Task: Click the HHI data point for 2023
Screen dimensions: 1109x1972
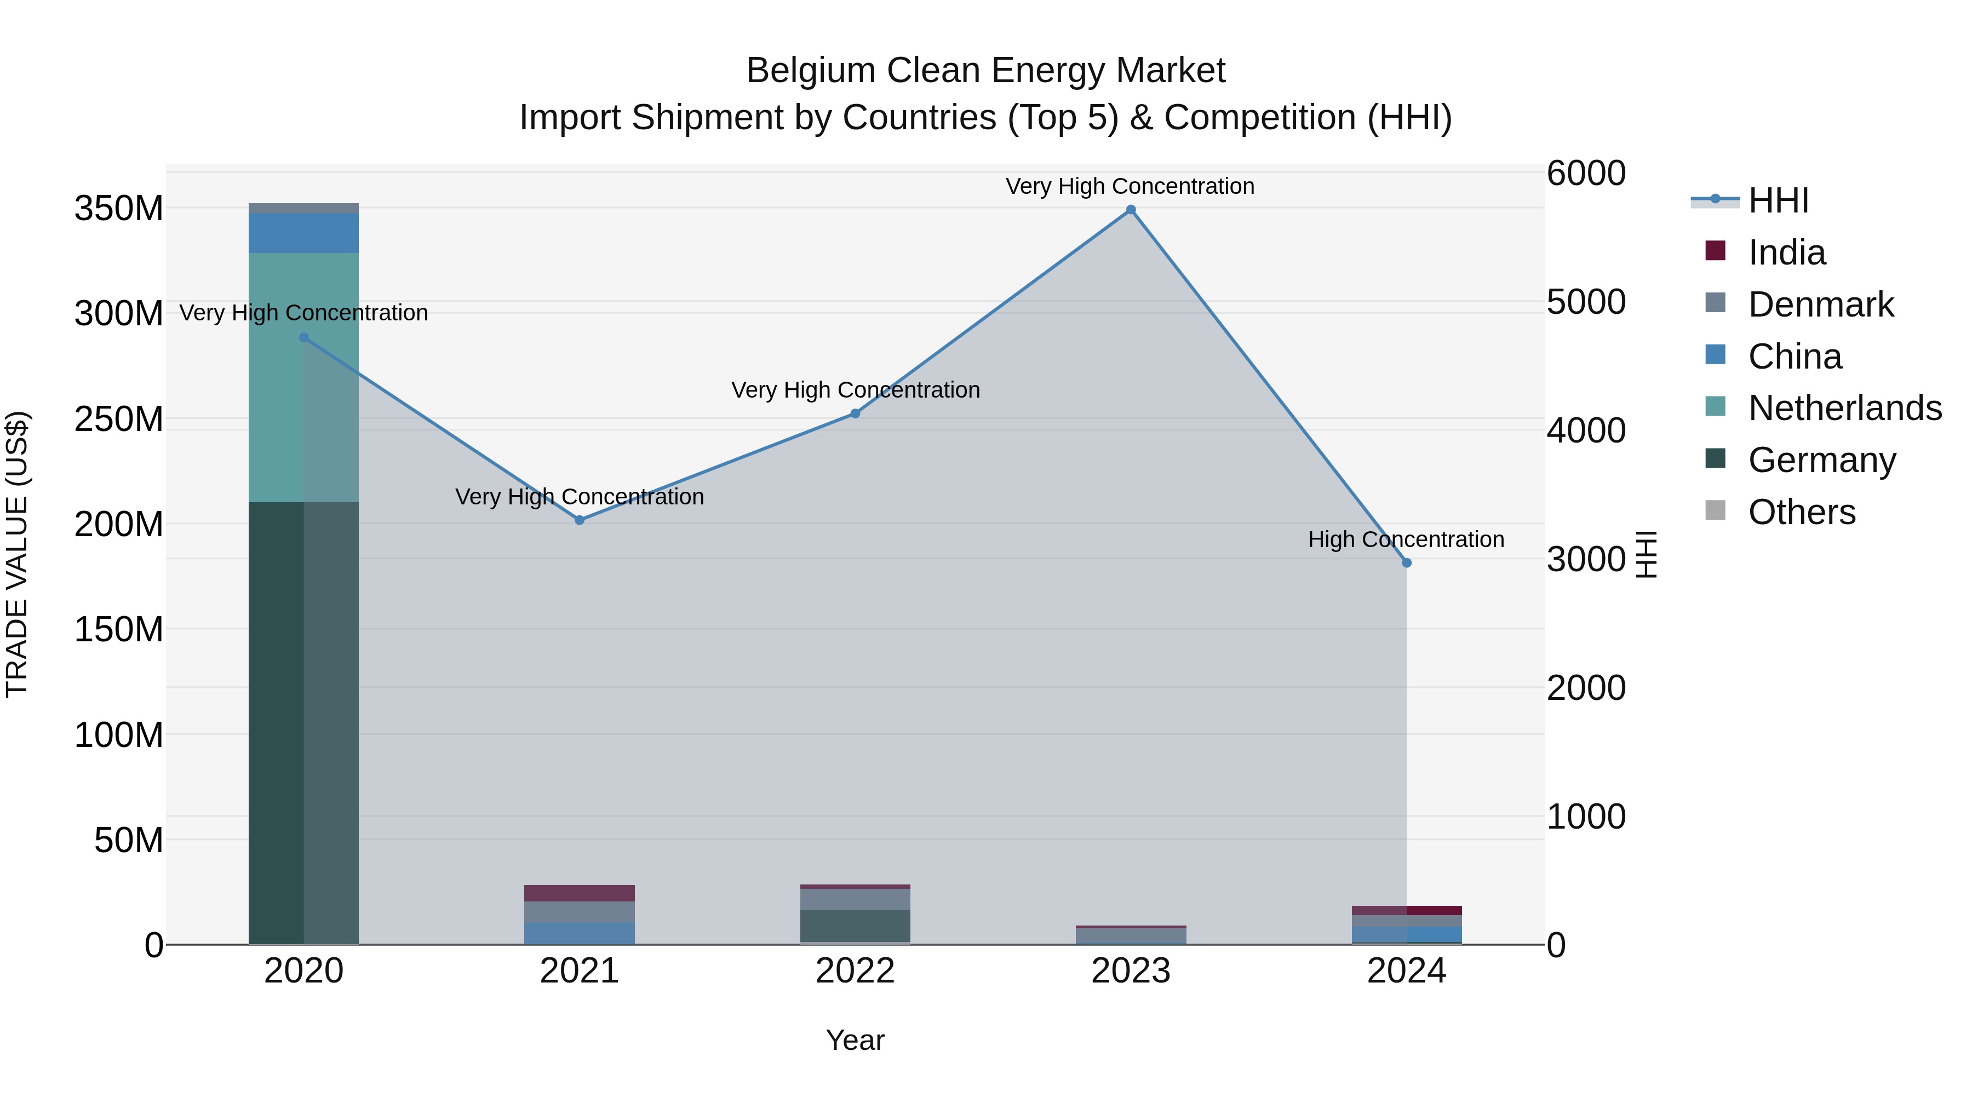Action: tap(1131, 210)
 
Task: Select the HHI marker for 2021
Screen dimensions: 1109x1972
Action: tap(580, 520)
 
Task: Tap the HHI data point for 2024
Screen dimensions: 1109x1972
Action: tap(1406, 562)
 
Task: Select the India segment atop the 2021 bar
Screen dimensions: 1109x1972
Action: tap(580, 893)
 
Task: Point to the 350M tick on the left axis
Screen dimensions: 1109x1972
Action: tap(119, 208)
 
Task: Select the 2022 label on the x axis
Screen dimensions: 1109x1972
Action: tap(855, 971)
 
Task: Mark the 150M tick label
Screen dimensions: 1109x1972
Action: tap(119, 630)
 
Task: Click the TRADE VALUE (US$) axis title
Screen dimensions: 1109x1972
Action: tap(17, 554)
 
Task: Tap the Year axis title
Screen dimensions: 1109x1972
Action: tap(855, 1040)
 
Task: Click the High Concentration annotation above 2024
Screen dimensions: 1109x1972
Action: tap(1406, 539)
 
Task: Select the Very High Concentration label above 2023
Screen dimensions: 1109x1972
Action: tap(1130, 186)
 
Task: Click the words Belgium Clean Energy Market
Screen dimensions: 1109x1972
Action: tap(985, 71)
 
